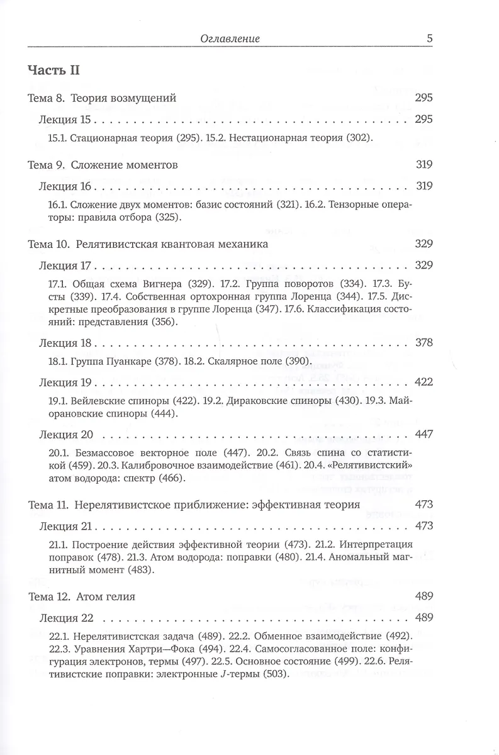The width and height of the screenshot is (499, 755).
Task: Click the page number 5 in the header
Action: click(429, 38)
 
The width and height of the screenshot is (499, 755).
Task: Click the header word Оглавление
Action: click(231, 39)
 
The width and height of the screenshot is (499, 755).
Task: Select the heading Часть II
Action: click(53, 70)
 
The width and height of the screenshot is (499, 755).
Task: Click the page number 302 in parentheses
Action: click(362, 137)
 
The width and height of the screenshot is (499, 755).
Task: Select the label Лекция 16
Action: click(65, 186)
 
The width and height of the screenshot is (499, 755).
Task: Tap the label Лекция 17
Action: click(65, 264)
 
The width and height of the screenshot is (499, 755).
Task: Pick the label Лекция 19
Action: click(65, 382)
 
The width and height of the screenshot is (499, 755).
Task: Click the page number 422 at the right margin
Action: click(424, 382)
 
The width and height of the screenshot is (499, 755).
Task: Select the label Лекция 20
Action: click(65, 435)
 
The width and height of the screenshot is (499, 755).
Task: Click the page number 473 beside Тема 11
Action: click(424, 504)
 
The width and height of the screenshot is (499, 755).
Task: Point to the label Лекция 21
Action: click(65, 525)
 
